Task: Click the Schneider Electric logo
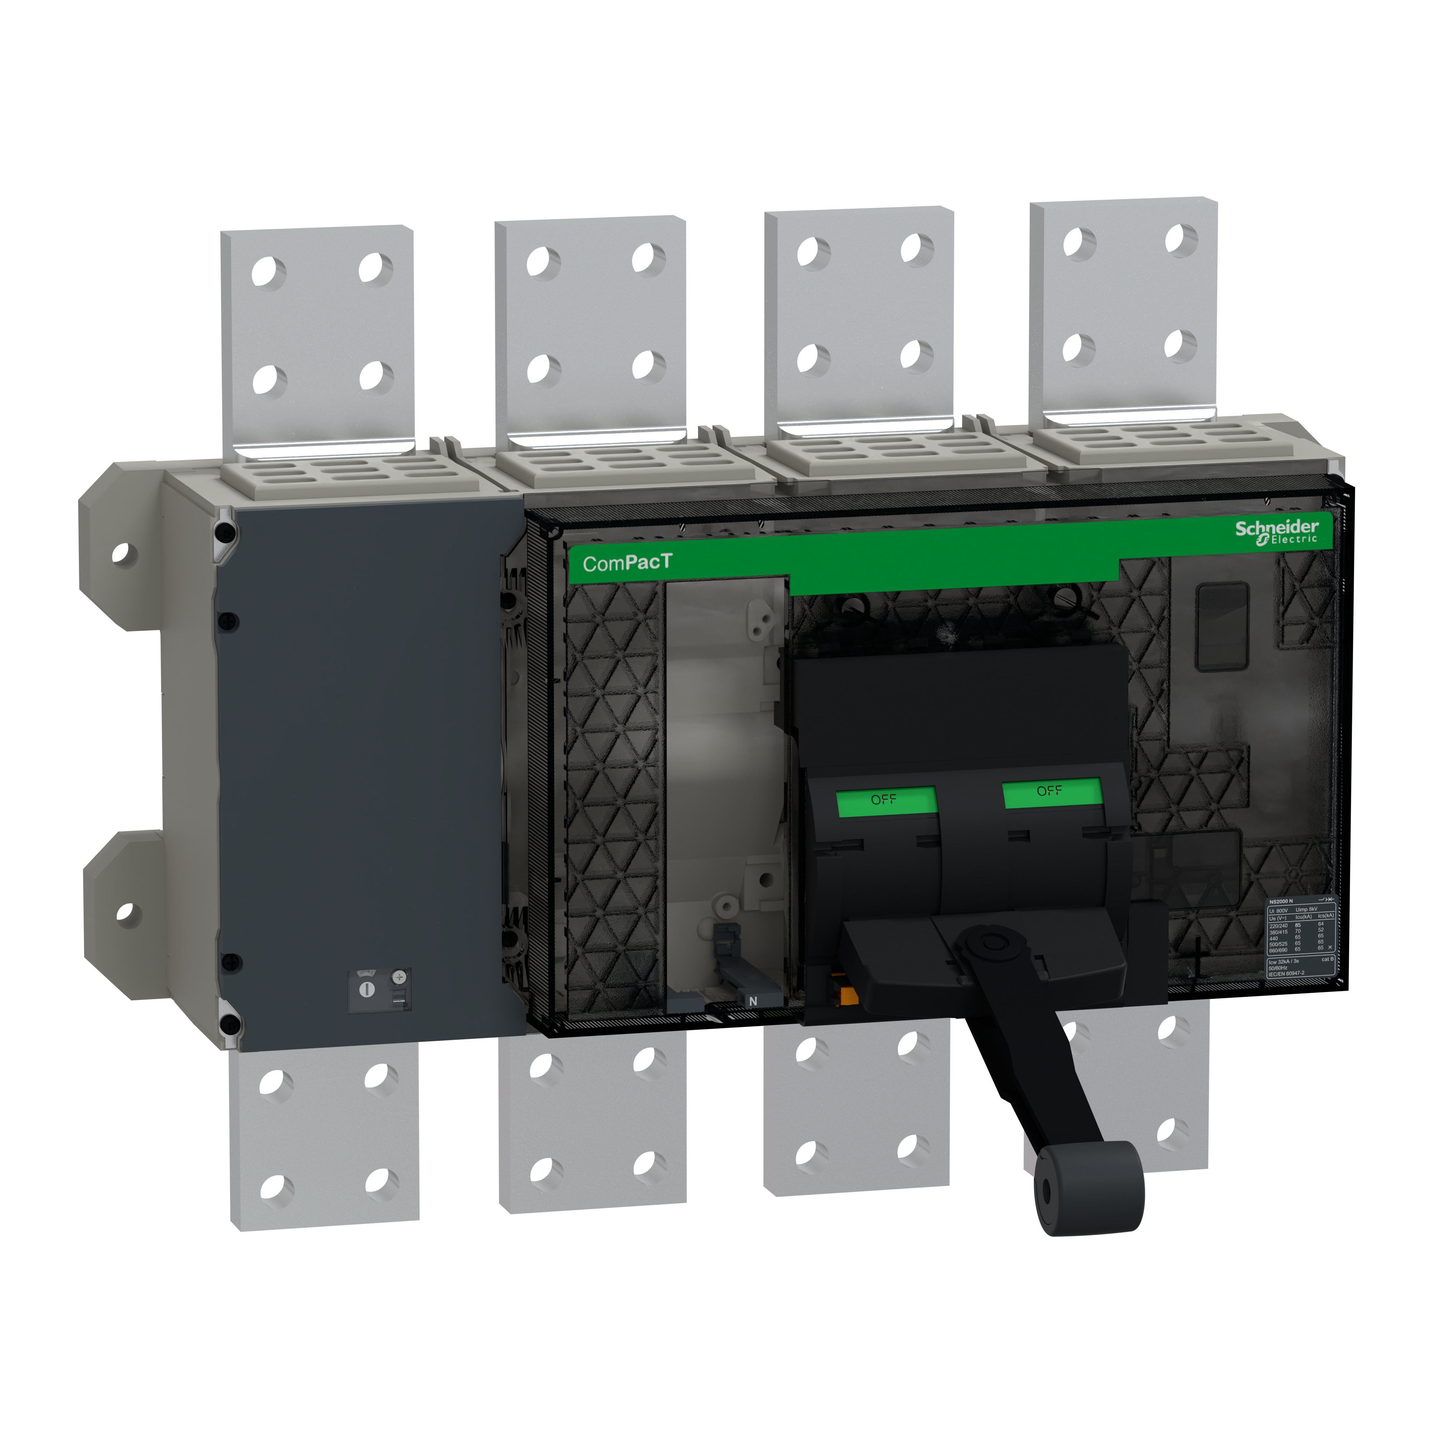click(1276, 531)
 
